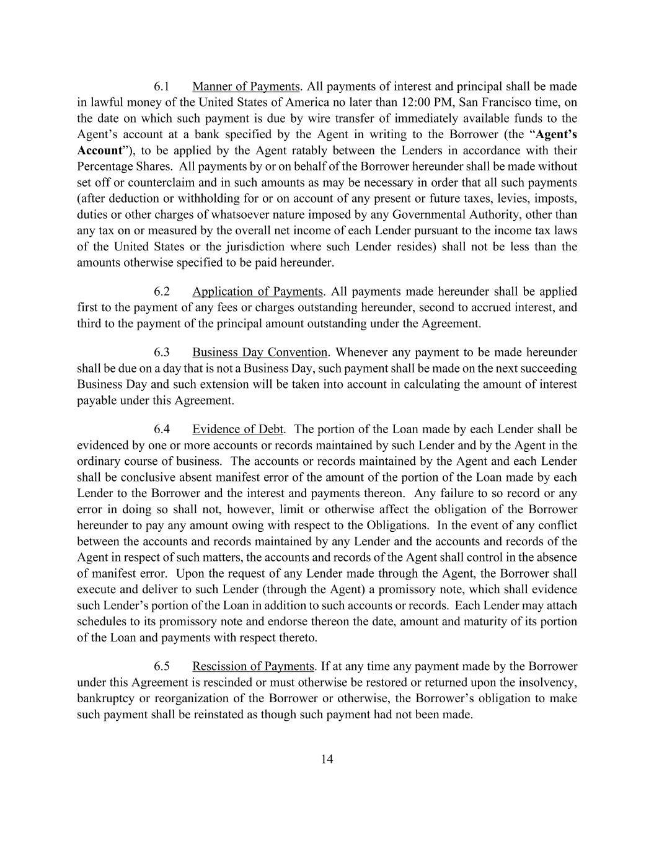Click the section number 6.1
(x=162, y=86)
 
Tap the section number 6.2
(x=162, y=291)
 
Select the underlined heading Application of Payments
(x=257, y=291)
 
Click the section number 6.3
(x=162, y=352)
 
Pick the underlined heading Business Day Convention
(x=260, y=352)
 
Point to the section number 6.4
(x=162, y=429)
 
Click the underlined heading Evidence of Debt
(x=238, y=429)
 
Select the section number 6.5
(x=162, y=666)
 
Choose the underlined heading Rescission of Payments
(x=253, y=666)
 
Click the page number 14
(x=327, y=759)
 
